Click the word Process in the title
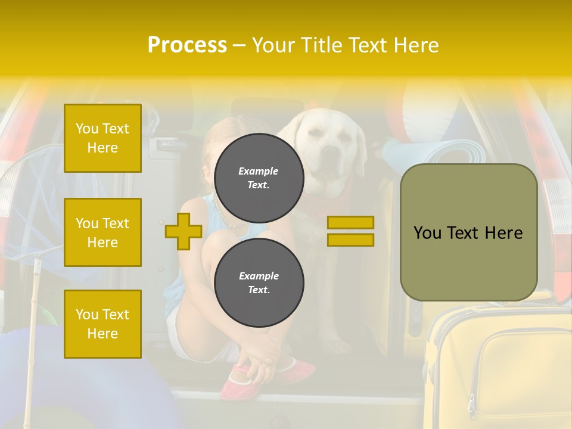[x=187, y=45]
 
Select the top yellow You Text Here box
[x=102, y=138]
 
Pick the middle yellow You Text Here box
[x=102, y=232]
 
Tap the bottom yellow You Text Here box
[x=102, y=324]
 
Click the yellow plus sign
[x=184, y=232]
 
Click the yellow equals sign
[x=350, y=231]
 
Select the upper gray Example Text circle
[x=259, y=178]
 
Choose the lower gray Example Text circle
[x=259, y=282]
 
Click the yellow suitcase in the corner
[x=500, y=369]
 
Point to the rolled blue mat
[x=453, y=153]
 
